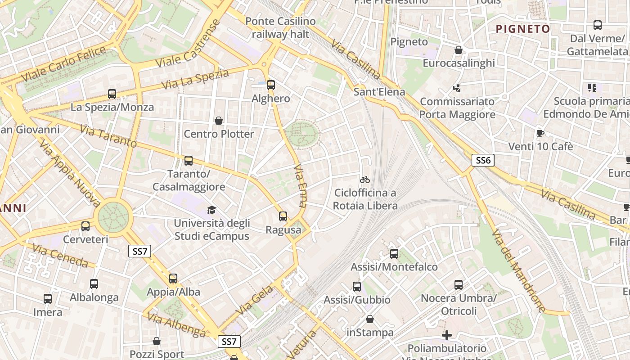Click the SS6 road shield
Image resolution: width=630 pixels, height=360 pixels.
(483, 160)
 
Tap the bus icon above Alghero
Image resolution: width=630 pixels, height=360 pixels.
(270, 85)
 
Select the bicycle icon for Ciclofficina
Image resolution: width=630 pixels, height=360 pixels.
(365, 180)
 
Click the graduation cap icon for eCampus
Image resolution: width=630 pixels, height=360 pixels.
(211, 210)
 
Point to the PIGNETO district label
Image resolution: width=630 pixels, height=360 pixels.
(523, 29)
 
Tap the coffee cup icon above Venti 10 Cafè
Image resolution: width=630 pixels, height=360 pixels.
(540, 133)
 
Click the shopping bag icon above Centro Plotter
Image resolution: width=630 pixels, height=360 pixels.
(219, 121)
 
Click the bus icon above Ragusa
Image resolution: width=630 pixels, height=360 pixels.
(283, 216)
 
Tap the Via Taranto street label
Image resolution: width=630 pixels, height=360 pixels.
(108, 136)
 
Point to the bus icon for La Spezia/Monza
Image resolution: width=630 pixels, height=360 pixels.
(112, 94)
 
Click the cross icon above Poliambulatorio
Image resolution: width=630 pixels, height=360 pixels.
(446, 335)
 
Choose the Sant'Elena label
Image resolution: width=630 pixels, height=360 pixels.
(379, 92)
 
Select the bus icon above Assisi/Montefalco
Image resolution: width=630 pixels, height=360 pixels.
(394, 254)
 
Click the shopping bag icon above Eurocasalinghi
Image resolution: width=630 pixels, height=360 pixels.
(459, 50)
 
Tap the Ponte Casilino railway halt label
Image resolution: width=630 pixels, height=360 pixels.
(280, 27)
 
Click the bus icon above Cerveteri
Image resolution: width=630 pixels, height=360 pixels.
(85, 226)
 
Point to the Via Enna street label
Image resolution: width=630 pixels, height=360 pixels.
(300, 185)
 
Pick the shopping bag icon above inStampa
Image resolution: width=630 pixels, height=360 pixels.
(369, 319)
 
